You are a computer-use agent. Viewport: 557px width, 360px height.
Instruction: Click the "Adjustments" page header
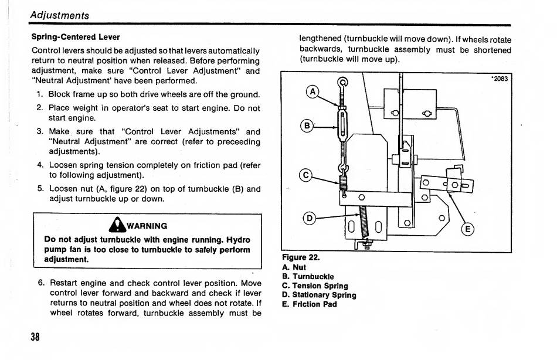[x=60, y=15]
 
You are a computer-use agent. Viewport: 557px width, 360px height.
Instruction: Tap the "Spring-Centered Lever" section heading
[x=75, y=37]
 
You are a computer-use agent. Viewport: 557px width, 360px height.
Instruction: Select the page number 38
[x=36, y=337]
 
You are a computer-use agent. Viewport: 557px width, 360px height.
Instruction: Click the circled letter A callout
[x=313, y=91]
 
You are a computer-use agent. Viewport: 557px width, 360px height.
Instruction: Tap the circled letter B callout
[x=305, y=125]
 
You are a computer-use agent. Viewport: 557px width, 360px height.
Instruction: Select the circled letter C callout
[x=305, y=174]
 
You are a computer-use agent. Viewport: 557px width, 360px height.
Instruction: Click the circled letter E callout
[x=467, y=229]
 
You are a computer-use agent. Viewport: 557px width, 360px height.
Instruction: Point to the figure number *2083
[x=499, y=79]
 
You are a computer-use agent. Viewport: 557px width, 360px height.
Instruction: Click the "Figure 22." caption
[x=301, y=257]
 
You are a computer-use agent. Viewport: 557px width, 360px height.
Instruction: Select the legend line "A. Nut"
[x=294, y=267]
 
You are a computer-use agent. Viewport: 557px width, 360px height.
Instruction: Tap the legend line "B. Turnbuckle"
[x=308, y=276]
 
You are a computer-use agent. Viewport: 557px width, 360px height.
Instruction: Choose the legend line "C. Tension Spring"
[x=315, y=286]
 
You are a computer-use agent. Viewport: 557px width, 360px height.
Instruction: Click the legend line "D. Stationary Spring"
[x=319, y=295]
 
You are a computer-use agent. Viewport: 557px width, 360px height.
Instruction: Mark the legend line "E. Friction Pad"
[x=310, y=304]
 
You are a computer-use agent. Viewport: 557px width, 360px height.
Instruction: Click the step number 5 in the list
[x=40, y=189]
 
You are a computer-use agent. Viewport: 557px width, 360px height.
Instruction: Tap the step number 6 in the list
[x=40, y=283]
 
